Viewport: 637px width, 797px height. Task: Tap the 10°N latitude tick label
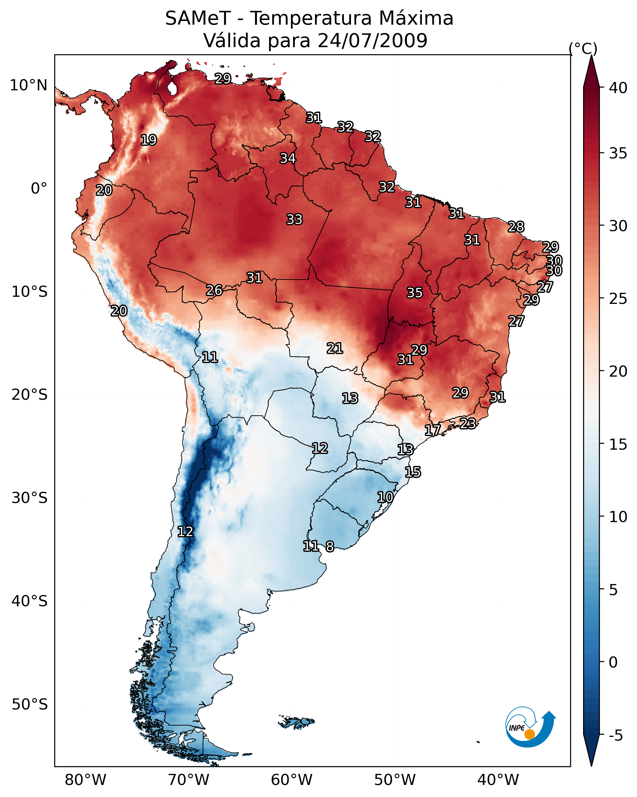28,85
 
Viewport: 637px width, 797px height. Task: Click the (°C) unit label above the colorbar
583,48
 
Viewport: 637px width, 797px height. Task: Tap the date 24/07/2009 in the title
372,40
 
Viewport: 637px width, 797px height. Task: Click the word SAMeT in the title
198,18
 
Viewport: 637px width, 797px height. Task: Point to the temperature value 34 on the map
288,158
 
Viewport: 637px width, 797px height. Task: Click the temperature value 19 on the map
149,140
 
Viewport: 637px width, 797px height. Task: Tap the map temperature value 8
330,546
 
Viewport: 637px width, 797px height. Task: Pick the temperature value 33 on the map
294,219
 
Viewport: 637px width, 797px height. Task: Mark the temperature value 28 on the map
516,227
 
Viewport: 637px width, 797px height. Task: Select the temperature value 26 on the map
214,291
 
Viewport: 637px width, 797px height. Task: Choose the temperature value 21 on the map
335,348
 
